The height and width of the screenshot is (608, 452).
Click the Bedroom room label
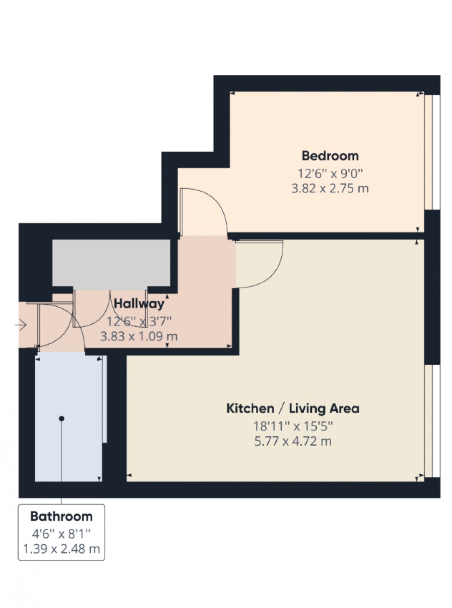pos(330,155)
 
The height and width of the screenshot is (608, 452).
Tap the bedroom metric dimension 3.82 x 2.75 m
pos(330,189)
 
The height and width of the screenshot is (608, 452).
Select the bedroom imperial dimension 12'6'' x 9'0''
pos(330,174)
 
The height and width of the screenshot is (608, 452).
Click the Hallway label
pos(139,304)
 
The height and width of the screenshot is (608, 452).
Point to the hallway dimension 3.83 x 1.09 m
pos(139,336)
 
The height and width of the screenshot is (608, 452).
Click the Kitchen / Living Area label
pos(293,408)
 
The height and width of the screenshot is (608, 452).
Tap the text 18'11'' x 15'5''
pos(293,425)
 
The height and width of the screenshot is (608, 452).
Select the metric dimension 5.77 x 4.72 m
pos(293,441)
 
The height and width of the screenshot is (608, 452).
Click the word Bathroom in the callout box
pos(61,516)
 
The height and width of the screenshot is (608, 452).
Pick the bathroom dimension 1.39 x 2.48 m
pos(61,549)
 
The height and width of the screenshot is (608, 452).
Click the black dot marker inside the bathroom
pos(61,418)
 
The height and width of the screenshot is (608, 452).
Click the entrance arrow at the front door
pos(21,326)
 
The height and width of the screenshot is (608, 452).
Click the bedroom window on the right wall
pos(428,152)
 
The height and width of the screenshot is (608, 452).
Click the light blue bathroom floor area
pos(69,452)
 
